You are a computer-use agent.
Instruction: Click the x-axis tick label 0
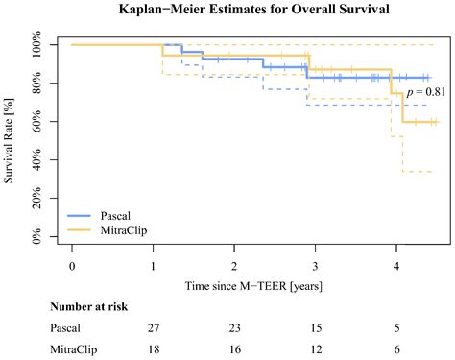coord(71,266)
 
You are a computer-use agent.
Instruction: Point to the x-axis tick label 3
coord(314,266)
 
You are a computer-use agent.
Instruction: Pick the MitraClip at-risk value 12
coord(314,349)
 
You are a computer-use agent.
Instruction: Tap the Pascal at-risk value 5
coord(395,328)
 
